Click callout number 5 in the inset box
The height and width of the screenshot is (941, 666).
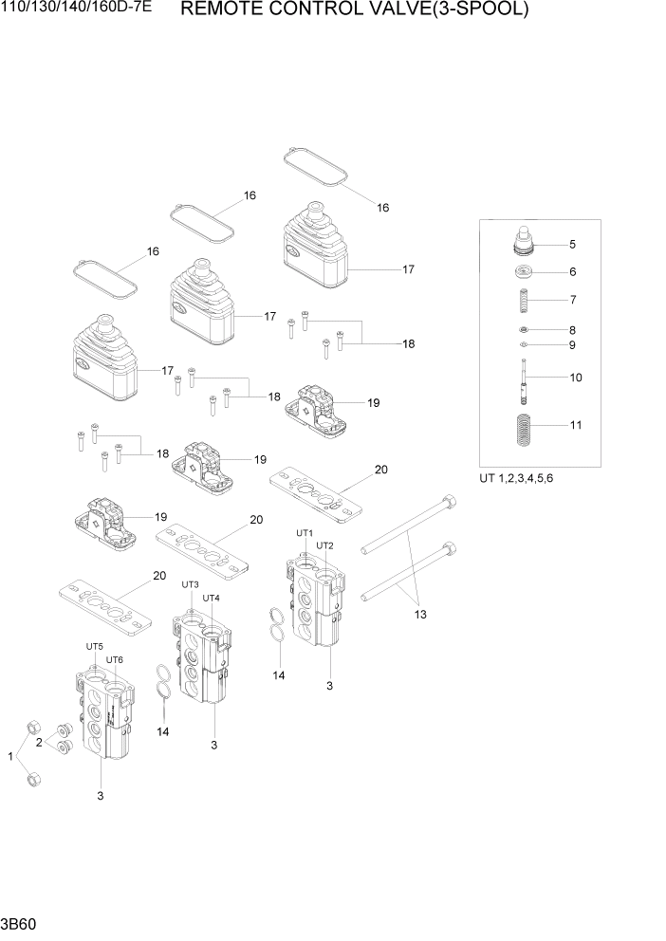click(572, 245)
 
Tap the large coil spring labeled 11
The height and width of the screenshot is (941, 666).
click(524, 427)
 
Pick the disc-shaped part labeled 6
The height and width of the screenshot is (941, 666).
click(524, 273)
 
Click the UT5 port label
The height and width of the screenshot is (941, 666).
click(94, 647)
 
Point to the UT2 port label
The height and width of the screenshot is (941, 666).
click(324, 545)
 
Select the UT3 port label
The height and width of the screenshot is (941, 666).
click(190, 584)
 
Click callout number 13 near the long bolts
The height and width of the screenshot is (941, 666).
click(419, 615)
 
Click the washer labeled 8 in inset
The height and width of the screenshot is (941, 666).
click(524, 329)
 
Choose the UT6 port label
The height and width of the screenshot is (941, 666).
click(115, 660)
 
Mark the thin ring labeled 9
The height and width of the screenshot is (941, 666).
click(524, 345)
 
